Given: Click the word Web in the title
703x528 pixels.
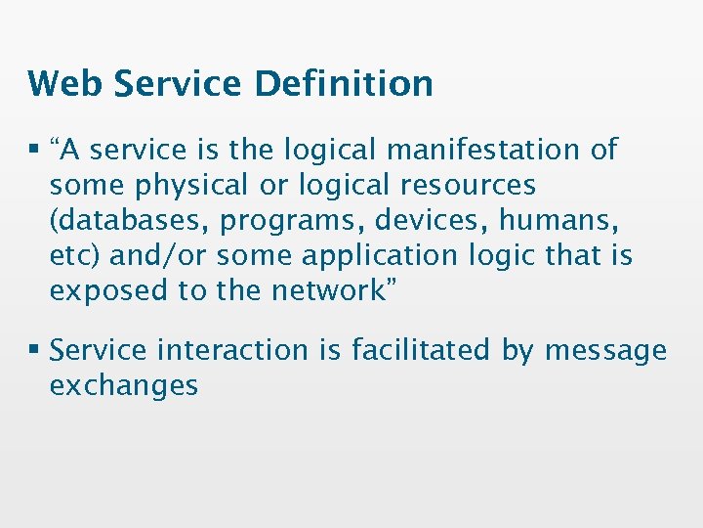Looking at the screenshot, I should coord(65,83).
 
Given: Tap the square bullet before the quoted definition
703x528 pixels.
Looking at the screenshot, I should coord(34,151).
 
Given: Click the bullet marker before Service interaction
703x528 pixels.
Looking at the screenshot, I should coord(34,350).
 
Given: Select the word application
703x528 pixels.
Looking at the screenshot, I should coord(380,255).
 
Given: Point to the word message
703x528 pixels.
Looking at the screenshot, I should coord(605,349).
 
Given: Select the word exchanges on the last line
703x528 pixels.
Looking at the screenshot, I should coord(124,384).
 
